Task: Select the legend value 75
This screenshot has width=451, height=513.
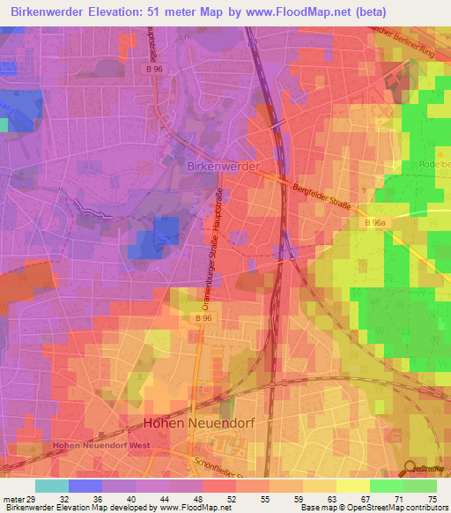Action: coord(432,499)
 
